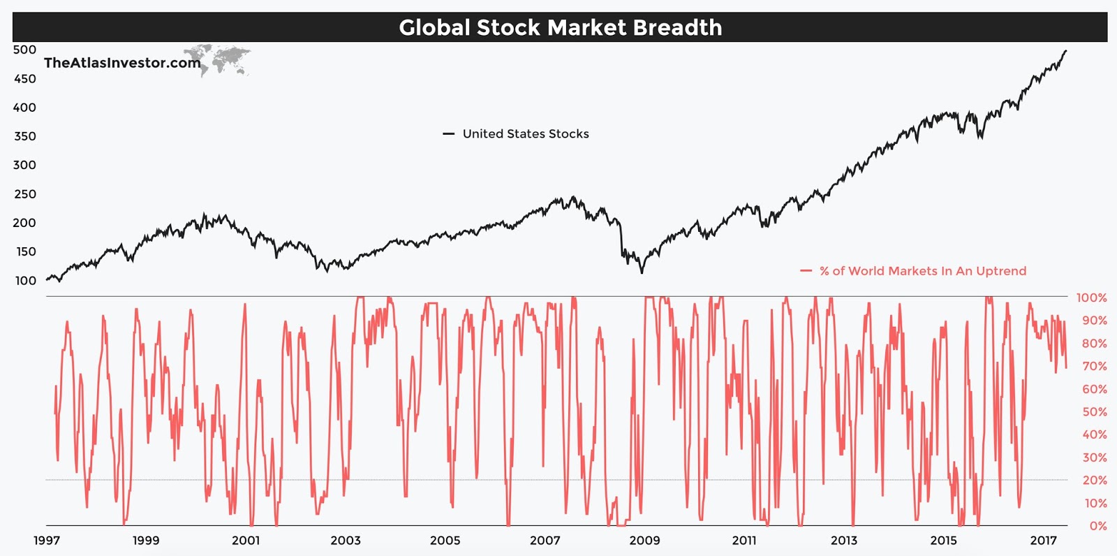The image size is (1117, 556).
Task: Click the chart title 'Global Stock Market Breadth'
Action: click(x=560, y=27)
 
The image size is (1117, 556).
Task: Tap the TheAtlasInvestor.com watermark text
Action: click(x=122, y=63)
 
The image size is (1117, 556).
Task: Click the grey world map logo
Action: click(x=218, y=59)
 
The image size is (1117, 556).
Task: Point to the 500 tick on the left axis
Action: click(x=24, y=50)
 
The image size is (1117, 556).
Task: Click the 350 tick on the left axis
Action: click(x=24, y=136)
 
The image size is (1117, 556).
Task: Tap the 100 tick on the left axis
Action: click(x=24, y=281)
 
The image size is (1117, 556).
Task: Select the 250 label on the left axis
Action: click(x=24, y=194)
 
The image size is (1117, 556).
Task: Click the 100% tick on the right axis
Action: click(x=1091, y=298)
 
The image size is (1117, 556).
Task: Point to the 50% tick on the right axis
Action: click(x=1094, y=412)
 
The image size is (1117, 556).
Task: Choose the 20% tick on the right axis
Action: click(x=1094, y=481)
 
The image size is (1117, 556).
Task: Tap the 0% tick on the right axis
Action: click(x=1097, y=526)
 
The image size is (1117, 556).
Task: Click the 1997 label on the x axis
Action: click(x=47, y=540)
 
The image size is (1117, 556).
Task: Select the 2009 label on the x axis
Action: click(x=644, y=540)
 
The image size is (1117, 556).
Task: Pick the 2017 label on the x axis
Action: click(x=1044, y=540)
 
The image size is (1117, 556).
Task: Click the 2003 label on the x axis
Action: click(x=346, y=540)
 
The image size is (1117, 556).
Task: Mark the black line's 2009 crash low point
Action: click(x=642, y=272)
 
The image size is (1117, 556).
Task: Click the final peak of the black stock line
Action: click(x=1065, y=50)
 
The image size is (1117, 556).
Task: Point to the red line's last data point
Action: click(x=1066, y=367)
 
